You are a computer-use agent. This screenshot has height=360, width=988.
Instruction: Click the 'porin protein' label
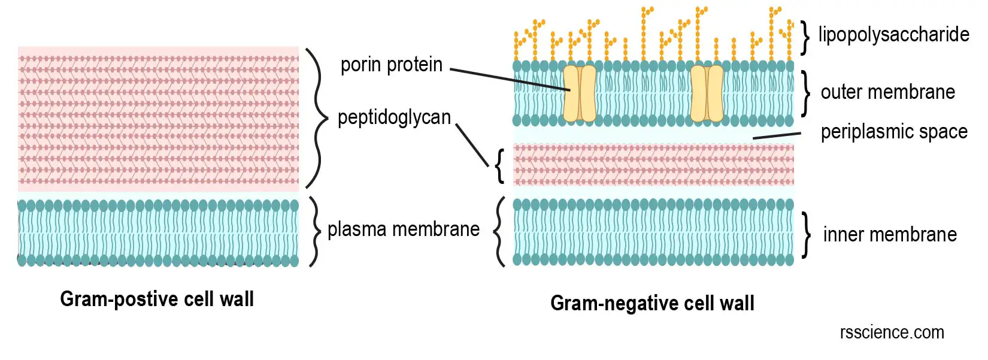coord(391,65)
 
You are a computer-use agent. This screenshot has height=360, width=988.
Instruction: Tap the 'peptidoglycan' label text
coord(394,117)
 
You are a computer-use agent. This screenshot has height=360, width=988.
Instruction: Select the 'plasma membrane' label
coord(404,229)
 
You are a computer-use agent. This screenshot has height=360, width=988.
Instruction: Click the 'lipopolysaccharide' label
coord(893,35)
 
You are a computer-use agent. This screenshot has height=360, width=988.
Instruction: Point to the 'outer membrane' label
coord(887,92)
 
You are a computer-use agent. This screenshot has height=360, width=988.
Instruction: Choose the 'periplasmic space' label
coord(894,132)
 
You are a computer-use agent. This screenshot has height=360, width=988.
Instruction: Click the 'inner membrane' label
coord(890,235)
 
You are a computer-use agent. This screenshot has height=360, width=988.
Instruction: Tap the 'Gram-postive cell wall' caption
coord(157,299)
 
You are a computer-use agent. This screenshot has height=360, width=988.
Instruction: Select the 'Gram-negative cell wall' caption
coord(652,303)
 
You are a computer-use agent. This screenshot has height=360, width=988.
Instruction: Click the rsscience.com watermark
coord(892,332)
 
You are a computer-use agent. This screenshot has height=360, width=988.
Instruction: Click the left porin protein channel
coord(579,93)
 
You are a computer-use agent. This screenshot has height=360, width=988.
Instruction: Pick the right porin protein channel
coord(707,93)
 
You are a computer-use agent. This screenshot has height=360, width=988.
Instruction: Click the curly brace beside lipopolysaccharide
coord(805,37)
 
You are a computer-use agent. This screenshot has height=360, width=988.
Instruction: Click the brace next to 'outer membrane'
coord(806,93)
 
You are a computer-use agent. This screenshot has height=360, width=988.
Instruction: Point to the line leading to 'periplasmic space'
coord(776,136)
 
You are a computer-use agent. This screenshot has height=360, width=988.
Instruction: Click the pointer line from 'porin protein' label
coord(509,80)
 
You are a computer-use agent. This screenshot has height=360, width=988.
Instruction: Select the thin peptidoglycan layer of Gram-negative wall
coord(653,165)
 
